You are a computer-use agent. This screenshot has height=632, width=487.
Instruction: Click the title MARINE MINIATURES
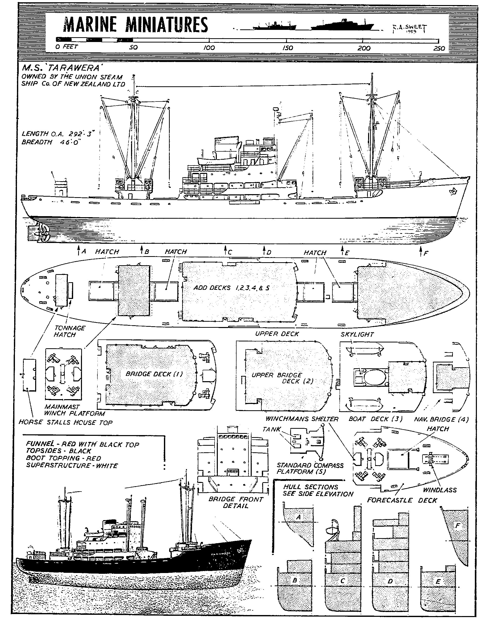tap(135, 25)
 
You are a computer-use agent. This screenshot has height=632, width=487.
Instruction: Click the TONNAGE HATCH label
tap(70, 331)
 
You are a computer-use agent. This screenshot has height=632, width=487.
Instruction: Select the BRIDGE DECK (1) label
tap(154, 374)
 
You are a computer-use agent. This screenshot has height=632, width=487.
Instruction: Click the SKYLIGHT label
tap(357, 335)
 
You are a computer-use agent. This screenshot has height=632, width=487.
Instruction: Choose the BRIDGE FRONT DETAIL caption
tap(236, 503)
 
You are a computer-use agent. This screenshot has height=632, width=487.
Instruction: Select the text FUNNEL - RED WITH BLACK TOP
tap(82, 444)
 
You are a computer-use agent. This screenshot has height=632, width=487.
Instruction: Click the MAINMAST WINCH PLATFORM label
tap(74, 410)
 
